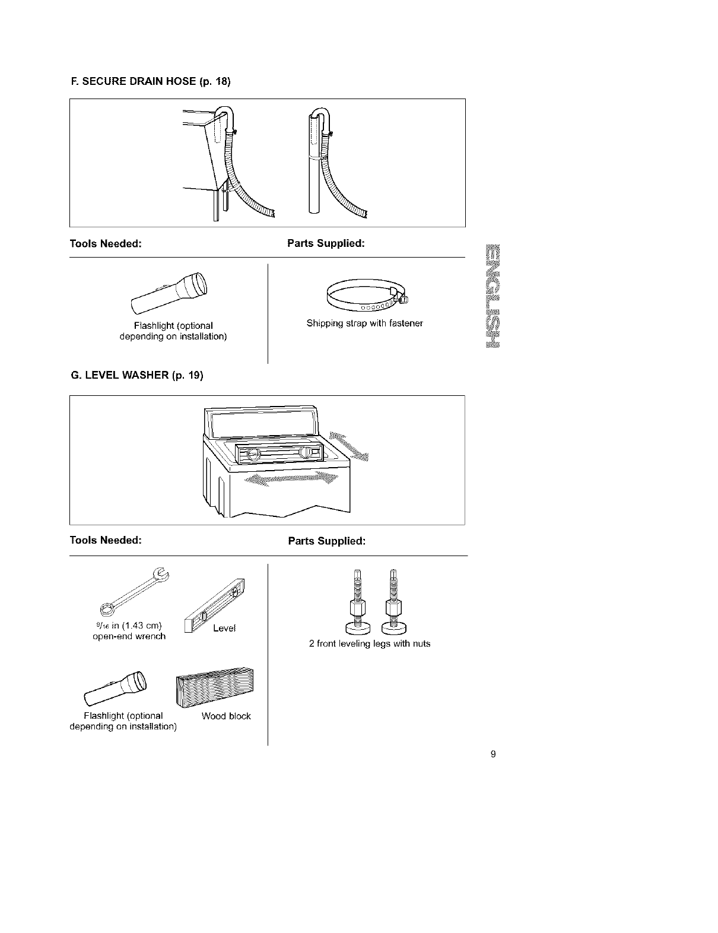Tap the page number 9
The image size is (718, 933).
493,754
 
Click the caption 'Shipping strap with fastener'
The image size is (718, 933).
364,323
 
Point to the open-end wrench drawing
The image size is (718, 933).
134,591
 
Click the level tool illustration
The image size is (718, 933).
215,607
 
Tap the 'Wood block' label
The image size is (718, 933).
226,716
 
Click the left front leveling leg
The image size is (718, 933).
357,602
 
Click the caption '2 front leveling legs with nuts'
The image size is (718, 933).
369,644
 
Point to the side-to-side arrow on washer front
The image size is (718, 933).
290,480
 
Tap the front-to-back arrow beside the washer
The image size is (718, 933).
348,445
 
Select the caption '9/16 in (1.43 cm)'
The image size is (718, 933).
129,626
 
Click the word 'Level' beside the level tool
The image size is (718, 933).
224,629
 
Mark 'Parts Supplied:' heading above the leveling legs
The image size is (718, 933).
326,541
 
